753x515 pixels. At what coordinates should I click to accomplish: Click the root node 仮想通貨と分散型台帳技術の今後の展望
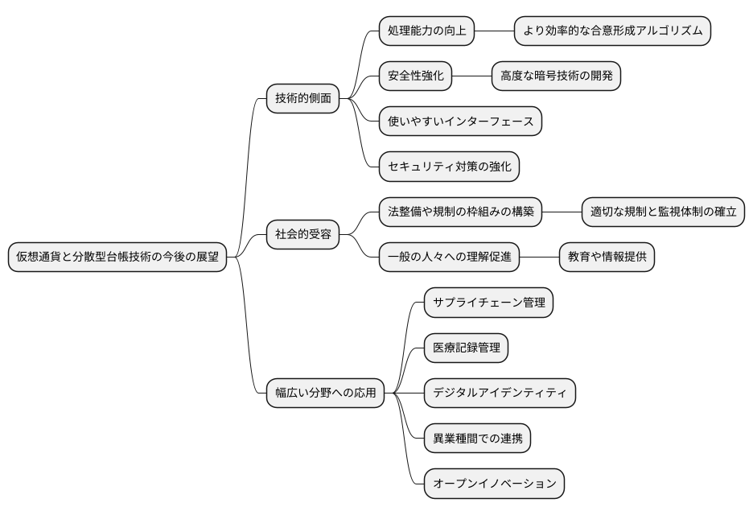(117, 257)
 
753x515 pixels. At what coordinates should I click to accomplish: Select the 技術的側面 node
(302, 99)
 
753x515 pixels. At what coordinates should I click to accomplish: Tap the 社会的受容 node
(302, 236)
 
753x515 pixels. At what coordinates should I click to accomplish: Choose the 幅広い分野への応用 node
(325, 393)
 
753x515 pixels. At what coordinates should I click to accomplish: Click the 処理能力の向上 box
(426, 31)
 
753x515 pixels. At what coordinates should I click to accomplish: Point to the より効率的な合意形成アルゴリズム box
(613, 31)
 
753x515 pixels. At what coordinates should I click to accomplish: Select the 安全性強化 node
(415, 76)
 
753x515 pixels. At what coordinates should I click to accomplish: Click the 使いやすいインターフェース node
(460, 122)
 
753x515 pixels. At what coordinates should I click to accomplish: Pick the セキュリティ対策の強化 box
(449, 167)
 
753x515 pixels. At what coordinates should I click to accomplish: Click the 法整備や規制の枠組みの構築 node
(460, 213)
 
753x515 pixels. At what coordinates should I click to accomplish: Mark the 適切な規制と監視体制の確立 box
(664, 213)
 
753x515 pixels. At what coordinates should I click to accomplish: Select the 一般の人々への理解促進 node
(449, 258)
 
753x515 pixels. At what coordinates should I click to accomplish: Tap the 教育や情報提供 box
(607, 258)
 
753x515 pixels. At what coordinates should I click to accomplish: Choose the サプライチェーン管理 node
(489, 303)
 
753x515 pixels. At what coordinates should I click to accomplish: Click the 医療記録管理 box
(467, 348)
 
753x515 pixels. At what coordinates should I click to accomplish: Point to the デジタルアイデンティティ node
(500, 393)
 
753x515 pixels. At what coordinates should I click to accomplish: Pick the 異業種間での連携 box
(478, 439)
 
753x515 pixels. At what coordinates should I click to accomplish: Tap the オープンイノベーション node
(494, 484)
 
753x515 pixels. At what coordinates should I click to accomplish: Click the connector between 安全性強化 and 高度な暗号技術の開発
(472, 76)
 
